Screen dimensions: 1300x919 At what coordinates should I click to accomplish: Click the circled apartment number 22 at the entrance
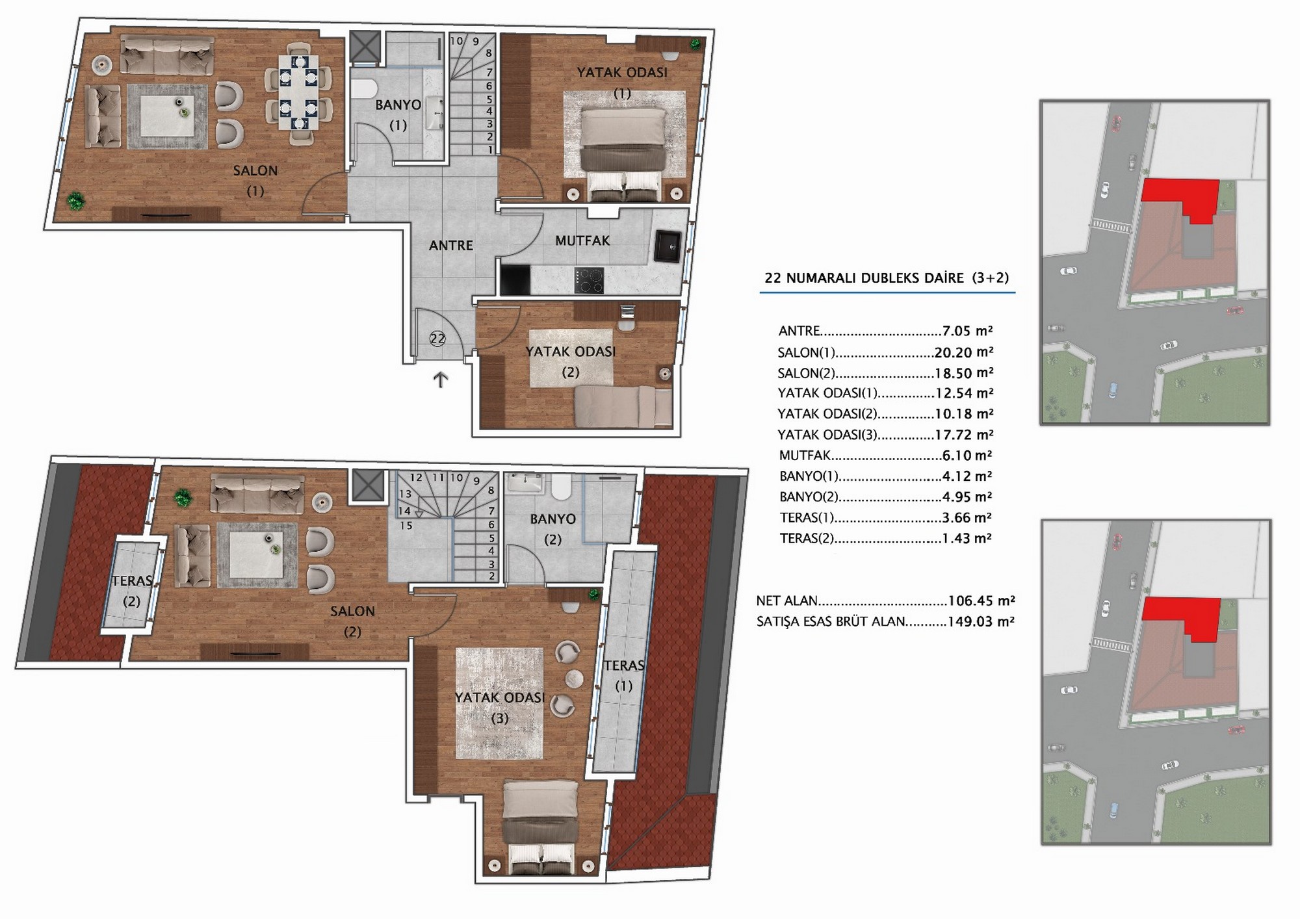click(437, 339)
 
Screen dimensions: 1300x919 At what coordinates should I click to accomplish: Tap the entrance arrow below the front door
click(441, 380)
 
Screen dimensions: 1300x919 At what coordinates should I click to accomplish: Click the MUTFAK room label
click(582, 241)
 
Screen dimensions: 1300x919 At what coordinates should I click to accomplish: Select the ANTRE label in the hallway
click(451, 246)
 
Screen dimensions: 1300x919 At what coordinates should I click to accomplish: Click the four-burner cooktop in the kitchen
click(589, 281)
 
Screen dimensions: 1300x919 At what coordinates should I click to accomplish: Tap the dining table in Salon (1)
click(299, 92)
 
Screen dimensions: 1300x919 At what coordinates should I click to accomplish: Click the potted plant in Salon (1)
click(77, 201)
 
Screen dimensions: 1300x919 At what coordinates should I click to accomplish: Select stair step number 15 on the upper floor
click(406, 525)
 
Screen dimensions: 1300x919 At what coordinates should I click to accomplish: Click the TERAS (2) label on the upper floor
click(132, 591)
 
